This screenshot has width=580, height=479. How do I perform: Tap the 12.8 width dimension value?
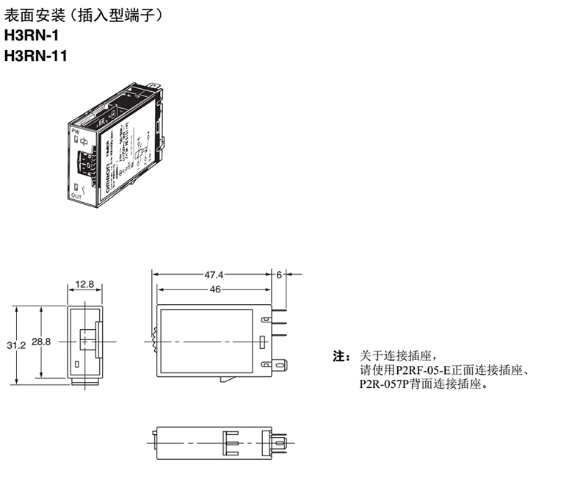(84, 284)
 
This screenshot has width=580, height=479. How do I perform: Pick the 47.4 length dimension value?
(214, 274)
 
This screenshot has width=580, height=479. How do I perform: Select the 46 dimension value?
(214, 289)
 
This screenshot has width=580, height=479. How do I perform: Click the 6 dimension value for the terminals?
(279, 274)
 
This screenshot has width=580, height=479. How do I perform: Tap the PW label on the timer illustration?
(75, 131)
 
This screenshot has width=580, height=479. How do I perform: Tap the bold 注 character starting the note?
(339, 357)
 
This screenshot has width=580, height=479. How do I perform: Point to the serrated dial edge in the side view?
(154, 342)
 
